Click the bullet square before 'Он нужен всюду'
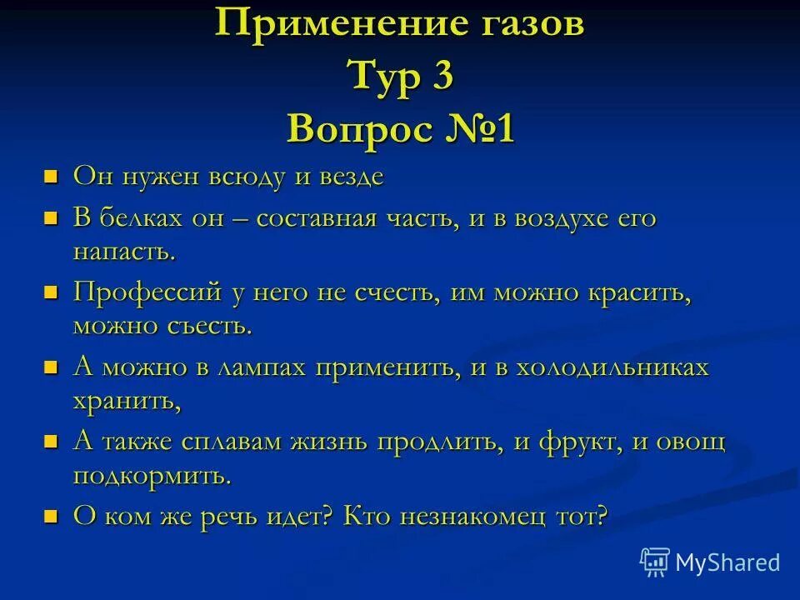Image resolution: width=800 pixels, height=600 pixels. [52, 176]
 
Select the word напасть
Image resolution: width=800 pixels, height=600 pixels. [124, 251]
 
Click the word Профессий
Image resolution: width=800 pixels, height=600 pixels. [147, 292]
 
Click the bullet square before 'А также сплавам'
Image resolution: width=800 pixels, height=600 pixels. [52, 442]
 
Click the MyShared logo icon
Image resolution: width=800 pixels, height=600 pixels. [654, 561]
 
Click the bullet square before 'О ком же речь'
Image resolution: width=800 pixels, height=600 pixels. [52, 517]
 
